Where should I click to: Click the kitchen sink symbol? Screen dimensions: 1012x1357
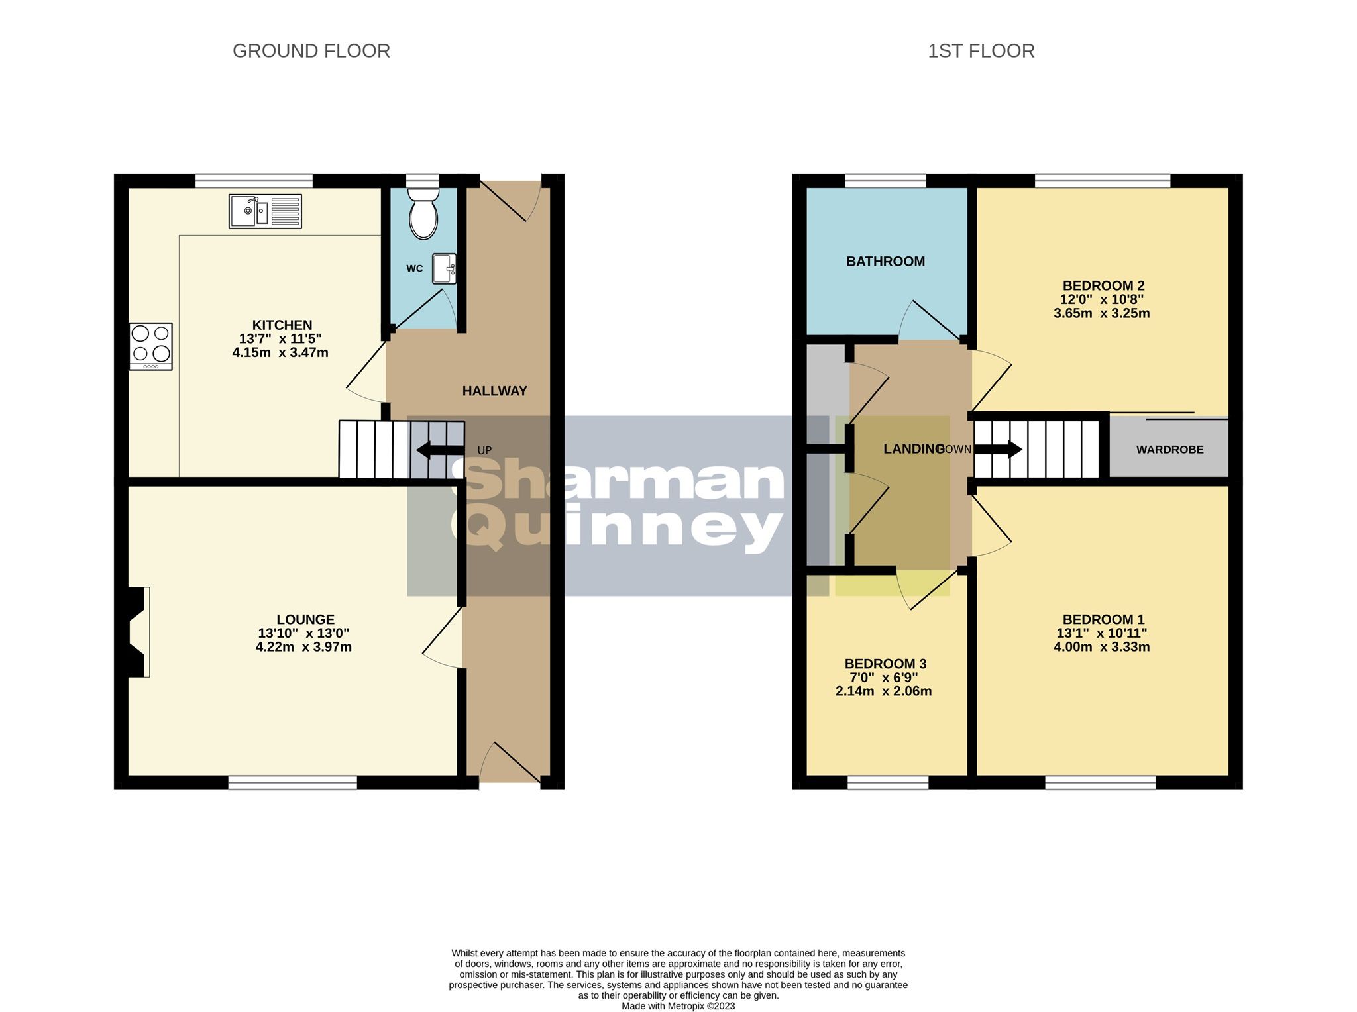pyautogui.click(x=265, y=211)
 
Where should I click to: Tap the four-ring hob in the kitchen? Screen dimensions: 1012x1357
pyautogui.click(x=151, y=346)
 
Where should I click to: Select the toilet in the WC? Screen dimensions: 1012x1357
pyautogui.click(x=423, y=213)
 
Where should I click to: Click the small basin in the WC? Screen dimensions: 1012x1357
pyautogui.click(x=444, y=269)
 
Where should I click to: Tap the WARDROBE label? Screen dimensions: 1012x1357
pyautogui.click(x=1169, y=450)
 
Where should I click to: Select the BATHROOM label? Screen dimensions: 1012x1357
pyautogui.click(x=885, y=262)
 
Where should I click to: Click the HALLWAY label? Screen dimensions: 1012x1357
pyautogui.click(x=494, y=391)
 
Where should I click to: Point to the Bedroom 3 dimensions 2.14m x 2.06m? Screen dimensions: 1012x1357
pyautogui.click(x=883, y=691)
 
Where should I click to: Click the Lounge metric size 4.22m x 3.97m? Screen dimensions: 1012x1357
pyautogui.click(x=303, y=647)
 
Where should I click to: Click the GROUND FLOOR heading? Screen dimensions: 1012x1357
pyautogui.click(x=311, y=51)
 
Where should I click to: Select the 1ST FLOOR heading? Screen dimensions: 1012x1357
pyautogui.click(x=981, y=51)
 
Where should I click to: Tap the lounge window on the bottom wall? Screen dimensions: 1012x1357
pyautogui.click(x=292, y=782)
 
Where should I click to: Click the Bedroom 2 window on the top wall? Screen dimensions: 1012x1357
pyautogui.click(x=1103, y=180)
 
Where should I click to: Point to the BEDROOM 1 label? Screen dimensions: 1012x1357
pyautogui.click(x=1103, y=620)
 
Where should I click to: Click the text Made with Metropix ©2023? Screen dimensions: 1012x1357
pyautogui.click(x=678, y=1006)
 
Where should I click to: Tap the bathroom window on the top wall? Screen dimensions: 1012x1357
pyautogui.click(x=885, y=180)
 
